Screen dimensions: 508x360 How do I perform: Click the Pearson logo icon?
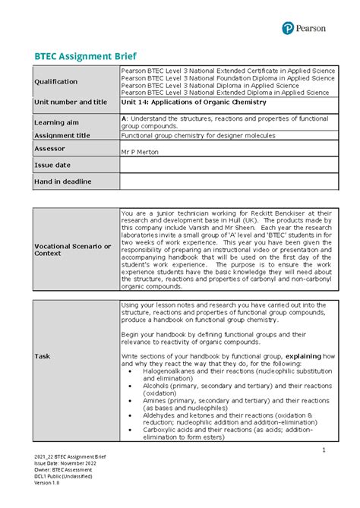[288, 28]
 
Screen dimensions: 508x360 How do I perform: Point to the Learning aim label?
[56, 122]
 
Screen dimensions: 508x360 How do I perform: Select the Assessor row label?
[50, 149]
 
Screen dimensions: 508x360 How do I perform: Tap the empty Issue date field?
[227, 164]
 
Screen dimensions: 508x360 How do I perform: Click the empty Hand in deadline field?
[227, 181]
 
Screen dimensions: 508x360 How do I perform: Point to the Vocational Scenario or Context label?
[68, 248]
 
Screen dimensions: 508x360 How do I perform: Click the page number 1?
[323, 450]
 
